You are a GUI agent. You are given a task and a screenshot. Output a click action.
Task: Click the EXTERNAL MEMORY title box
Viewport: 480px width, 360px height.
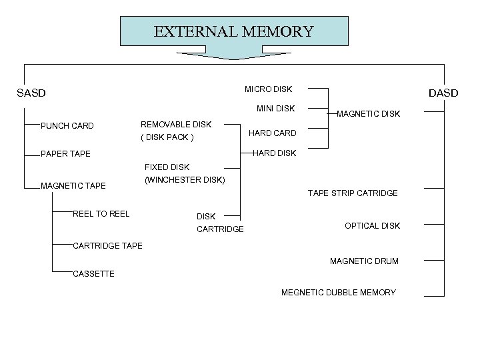[x=233, y=31]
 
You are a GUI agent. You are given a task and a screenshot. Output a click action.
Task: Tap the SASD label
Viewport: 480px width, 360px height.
[x=31, y=93]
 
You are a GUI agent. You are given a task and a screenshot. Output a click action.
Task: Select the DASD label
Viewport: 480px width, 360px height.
[x=443, y=93]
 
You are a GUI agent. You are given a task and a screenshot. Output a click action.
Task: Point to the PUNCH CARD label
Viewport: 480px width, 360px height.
[x=67, y=126]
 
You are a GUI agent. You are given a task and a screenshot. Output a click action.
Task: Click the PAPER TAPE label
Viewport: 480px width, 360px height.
[x=65, y=154]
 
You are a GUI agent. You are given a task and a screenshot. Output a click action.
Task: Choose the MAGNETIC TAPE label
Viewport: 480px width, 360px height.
[x=73, y=185]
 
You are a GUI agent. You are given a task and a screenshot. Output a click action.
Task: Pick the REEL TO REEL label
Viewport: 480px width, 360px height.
[x=101, y=213]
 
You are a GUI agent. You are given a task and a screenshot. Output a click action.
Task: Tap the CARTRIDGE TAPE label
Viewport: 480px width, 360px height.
[x=107, y=245]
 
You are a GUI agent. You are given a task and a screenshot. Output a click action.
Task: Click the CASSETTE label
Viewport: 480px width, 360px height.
[x=93, y=273]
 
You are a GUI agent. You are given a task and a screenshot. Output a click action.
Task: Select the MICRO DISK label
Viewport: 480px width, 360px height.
[x=268, y=89]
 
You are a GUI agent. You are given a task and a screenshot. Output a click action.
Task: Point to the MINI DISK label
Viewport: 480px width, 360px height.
[x=275, y=108]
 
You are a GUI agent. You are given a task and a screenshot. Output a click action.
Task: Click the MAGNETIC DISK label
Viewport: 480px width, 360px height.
[x=368, y=114]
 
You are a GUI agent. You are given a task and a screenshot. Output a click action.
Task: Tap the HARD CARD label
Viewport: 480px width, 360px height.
[x=272, y=133]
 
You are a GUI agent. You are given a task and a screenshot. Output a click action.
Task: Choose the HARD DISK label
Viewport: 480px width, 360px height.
[x=274, y=153]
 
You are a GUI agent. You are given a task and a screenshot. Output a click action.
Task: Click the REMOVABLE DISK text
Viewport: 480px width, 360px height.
[x=175, y=125]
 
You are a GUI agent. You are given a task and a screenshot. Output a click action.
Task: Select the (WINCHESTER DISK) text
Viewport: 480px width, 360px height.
[x=185, y=180]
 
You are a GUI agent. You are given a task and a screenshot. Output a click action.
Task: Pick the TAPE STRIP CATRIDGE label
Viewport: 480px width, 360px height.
[x=353, y=193]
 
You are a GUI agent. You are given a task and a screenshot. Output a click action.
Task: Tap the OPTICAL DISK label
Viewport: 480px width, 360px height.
[x=372, y=225]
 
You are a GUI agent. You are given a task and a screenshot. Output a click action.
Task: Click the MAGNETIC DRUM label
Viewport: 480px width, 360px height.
[x=364, y=261]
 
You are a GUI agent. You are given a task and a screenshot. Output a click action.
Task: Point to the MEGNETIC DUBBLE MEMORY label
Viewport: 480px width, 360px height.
[x=338, y=292]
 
